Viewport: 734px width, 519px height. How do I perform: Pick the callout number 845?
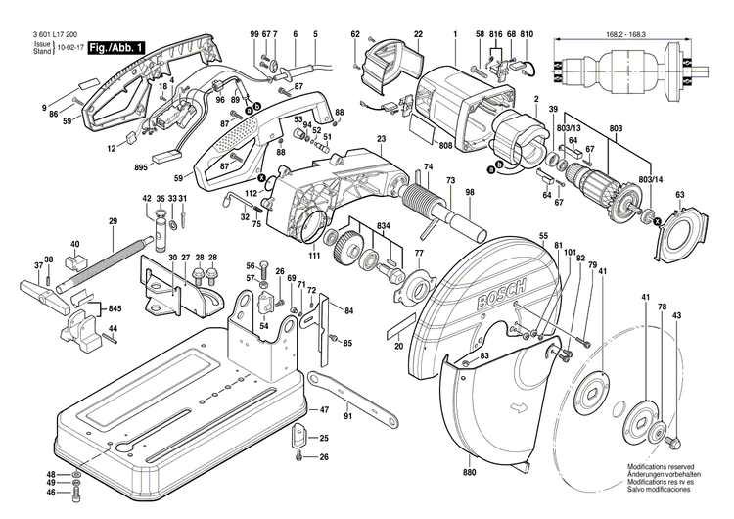click(x=115, y=307)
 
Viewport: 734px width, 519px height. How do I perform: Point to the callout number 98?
click(x=470, y=192)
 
